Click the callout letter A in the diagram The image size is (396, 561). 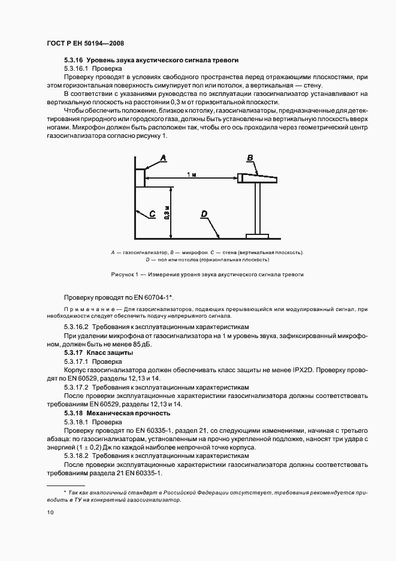pyautogui.click(x=163, y=158)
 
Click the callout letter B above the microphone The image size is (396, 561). pyautogui.click(x=250, y=158)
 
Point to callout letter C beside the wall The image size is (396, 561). pyautogui.click(x=153, y=213)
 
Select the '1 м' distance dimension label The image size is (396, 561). pyautogui.click(x=191, y=174)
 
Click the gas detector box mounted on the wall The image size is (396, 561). pyautogui.click(x=140, y=177)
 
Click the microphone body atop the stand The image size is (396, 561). pyautogui.click(x=258, y=178)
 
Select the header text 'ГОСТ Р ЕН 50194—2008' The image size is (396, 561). pyautogui.click(x=84, y=43)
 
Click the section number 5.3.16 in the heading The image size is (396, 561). pyautogui.click(x=74, y=61)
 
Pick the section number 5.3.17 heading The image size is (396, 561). pyautogui.click(x=74, y=354)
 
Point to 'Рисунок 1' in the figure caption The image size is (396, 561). pyautogui.click(x=125, y=274)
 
